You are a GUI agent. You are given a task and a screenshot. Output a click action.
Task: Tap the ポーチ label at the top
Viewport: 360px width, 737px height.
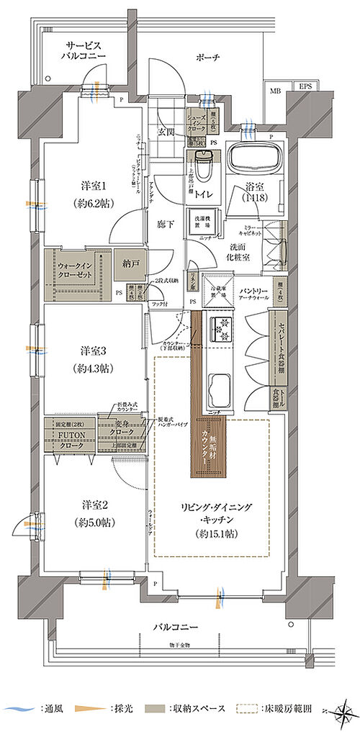(x=211, y=57)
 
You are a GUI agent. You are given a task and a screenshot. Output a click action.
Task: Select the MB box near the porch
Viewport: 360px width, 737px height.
(x=276, y=91)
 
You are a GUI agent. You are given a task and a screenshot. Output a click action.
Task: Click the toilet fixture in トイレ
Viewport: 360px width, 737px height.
(x=204, y=168)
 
